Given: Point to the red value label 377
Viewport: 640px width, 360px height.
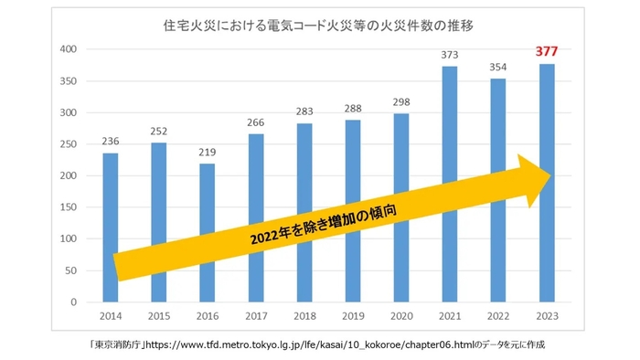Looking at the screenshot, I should [546, 52].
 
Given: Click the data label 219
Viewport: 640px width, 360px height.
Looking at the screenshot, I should [207, 152].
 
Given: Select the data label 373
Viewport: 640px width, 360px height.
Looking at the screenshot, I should [450, 55].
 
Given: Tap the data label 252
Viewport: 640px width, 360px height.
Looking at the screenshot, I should [158, 131].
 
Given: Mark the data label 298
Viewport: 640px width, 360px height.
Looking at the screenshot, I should [401, 101].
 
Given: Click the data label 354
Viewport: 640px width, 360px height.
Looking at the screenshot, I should [498, 67].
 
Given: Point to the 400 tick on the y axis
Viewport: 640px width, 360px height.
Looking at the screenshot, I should [69, 49].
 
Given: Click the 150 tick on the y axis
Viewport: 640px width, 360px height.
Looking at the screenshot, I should [69, 207].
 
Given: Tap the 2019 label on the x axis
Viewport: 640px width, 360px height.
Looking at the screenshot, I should [352, 315].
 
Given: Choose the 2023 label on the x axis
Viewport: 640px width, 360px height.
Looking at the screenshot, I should [547, 315].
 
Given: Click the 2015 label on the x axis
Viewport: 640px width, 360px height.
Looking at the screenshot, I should [158, 315].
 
